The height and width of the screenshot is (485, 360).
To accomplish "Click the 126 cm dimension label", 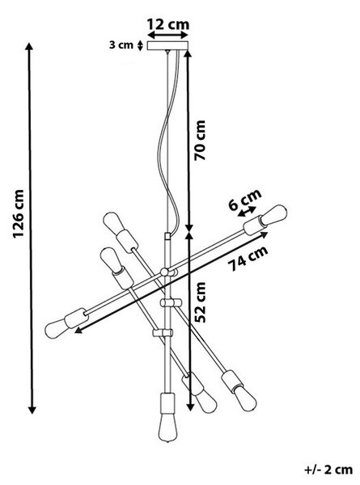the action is [x=19, y=213].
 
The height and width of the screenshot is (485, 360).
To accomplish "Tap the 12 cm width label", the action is [x=167, y=24].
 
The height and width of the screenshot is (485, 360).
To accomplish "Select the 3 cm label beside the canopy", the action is [x=121, y=44].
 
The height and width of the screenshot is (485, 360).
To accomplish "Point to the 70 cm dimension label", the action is [x=200, y=140].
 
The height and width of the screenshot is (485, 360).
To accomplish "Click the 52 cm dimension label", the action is [x=201, y=302].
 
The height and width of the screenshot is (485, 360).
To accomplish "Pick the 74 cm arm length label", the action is [x=248, y=259].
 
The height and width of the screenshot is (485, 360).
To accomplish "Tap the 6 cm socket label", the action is [x=245, y=200].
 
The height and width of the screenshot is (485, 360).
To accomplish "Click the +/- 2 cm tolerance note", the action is [x=328, y=469].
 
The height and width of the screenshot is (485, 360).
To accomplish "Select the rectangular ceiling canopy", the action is [x=167, y=46].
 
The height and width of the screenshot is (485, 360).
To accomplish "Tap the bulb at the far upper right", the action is [x=273, y=215].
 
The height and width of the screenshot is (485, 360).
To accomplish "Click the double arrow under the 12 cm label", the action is [x=167, y=34].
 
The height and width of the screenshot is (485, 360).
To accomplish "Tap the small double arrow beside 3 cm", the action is [x=140, y=46].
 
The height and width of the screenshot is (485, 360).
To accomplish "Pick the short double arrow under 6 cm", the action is [x=247, y=212].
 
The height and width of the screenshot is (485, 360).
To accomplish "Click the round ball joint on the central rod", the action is [x=164, y=272].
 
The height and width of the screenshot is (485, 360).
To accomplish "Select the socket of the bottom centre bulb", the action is [x=167, y=403].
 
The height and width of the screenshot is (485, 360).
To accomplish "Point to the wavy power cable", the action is [x=169, y=139].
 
